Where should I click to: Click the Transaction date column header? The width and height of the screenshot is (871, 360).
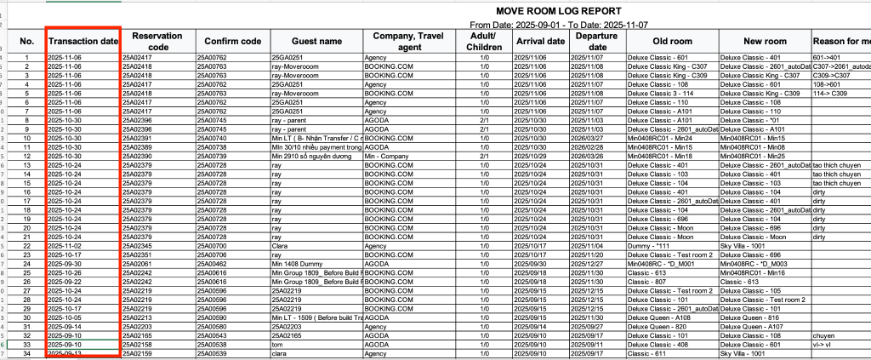point(83,41)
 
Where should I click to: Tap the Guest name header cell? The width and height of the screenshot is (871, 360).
point(316,41)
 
